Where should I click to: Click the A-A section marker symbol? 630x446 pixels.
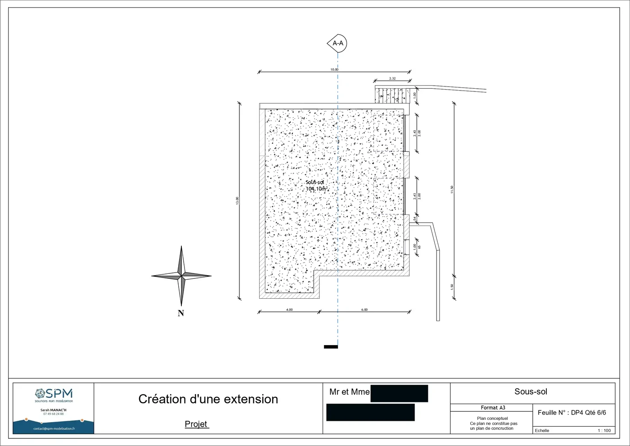click(337, 43)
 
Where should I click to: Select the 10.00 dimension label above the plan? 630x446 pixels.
click(334, 70)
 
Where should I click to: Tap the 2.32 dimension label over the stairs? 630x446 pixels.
click(392, 79)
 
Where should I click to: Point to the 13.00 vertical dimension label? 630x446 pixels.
click(237, 201)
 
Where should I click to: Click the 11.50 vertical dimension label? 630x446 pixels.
click(452, 190)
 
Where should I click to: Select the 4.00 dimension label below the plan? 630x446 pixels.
click(289, 310)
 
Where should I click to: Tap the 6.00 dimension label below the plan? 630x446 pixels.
click(364, 310)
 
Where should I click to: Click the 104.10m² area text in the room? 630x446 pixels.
click(316, 189)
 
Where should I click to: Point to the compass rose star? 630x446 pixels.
click(181, 275)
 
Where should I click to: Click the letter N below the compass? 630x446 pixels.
click(181, 314)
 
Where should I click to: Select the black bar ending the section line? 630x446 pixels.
click(331, 346)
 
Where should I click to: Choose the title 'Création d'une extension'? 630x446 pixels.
click(208, 399)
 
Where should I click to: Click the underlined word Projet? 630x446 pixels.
click(196, 424)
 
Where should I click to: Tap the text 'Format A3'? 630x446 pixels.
click(493, 408)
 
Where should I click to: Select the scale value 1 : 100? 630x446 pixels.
click(604, 431)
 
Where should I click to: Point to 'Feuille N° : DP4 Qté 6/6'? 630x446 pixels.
click(571, 413)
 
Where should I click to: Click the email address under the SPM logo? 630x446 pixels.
click(54, 429)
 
